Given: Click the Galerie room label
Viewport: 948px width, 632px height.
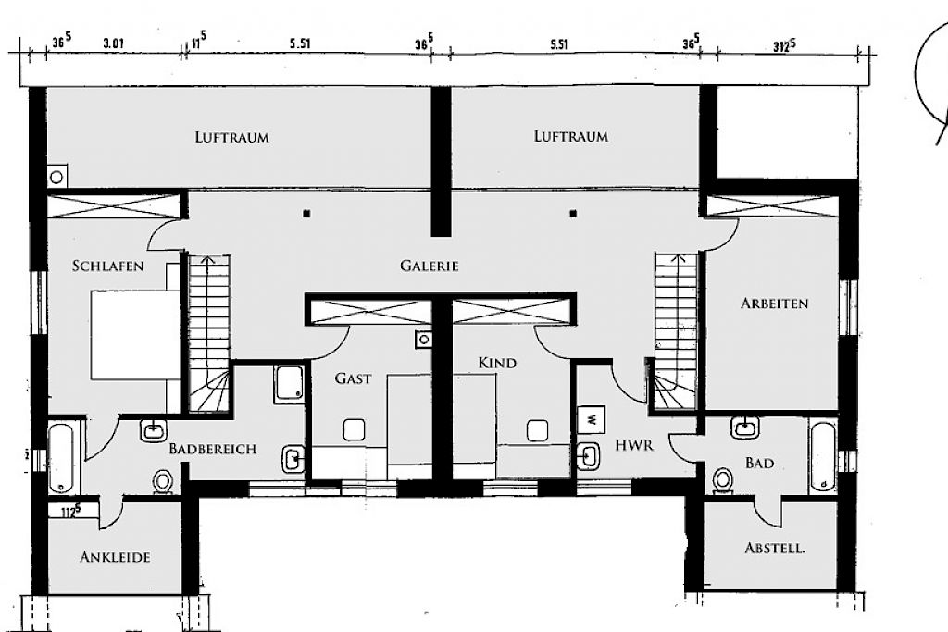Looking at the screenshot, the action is (x=430, y=266).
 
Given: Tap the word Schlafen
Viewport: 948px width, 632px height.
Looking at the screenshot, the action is (x=107, y=266).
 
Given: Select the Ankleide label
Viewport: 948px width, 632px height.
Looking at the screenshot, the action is (x=115, y=557).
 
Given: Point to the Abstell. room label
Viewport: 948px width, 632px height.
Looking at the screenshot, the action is (x=775, y=549).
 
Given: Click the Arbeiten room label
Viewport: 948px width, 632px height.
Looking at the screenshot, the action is (x=775, y=304).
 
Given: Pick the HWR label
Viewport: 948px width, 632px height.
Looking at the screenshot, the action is (x=634, y=446).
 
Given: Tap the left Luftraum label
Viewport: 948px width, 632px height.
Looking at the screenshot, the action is (x=232, y=137).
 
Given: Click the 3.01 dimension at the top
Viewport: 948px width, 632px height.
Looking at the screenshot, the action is (x=114, y=43).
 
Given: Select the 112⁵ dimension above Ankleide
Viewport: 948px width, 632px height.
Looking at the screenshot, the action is (x=71, y=511).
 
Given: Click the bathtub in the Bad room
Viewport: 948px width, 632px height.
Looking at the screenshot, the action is (x=823, y=455).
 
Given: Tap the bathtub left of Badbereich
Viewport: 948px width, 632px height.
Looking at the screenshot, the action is (x=60, y=457).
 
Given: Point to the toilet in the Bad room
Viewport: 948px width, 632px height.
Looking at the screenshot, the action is (x=722, y=481).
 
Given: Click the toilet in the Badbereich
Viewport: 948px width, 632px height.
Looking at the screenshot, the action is (x=162, y=482).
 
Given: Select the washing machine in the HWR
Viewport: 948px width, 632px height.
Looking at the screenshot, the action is (x=592, y=419).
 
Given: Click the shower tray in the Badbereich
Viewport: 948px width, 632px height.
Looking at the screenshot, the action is (x=289, y=384).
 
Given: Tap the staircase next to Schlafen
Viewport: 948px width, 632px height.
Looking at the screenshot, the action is (x=209, y=334).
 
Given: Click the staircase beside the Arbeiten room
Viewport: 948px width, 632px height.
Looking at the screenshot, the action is (x=676, y=332).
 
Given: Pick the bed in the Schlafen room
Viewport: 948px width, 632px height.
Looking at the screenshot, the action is (x=135, y=336).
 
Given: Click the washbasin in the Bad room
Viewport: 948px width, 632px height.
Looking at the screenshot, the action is (x=745, y=428).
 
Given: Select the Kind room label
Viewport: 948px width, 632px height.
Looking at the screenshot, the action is (x=497, y=363).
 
